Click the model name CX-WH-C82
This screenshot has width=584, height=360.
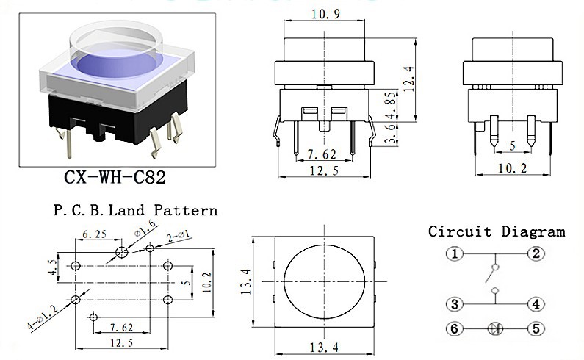coord(115,177)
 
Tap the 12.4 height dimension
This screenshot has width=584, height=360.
coord(408,75)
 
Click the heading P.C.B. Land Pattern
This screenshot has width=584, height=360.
coord(134,211)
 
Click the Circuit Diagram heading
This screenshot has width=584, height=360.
coord(497,232)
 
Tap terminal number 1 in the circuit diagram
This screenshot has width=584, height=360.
coord(455,255)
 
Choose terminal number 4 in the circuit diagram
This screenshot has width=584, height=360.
coord(537,303)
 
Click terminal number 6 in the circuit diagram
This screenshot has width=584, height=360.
coord(455,329)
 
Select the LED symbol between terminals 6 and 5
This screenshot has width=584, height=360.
coord(496,329)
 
